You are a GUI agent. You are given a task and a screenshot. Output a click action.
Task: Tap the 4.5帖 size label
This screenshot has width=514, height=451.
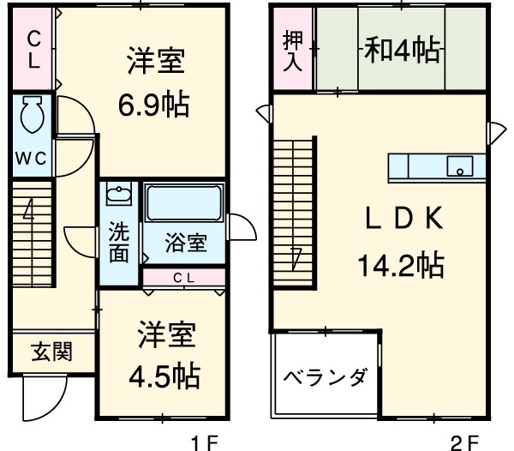click(x=164, y=375)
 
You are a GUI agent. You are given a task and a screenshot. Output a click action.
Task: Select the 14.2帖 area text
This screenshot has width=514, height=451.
click(x=400, y=267)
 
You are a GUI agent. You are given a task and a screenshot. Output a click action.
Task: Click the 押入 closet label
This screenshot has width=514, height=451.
click(x=291, y=51)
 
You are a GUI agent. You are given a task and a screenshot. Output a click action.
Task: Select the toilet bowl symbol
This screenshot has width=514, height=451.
click(x=32, y=115)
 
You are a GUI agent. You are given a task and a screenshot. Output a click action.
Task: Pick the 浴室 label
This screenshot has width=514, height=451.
click(x=185, y=244)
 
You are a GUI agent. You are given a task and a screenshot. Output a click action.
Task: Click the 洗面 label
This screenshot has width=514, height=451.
click(x=118, y=243)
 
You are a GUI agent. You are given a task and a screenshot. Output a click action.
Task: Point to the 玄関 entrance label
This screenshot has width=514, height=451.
click(x=51, y=352)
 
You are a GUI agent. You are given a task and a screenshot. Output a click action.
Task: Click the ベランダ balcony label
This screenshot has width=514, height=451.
click(x=325, y=377)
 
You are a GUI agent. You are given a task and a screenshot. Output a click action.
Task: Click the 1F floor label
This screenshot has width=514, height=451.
click(x=205, y=443)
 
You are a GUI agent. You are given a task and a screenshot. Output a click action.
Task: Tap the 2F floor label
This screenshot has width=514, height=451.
click(x=466, y=443)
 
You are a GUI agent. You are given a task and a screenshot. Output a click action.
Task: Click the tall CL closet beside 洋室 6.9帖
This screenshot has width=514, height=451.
click(x=33, y=49)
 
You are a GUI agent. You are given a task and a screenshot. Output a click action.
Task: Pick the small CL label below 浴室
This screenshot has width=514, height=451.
click(x=183, y=277)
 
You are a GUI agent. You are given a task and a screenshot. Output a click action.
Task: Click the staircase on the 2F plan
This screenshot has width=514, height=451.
click(x=294, y=206)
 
